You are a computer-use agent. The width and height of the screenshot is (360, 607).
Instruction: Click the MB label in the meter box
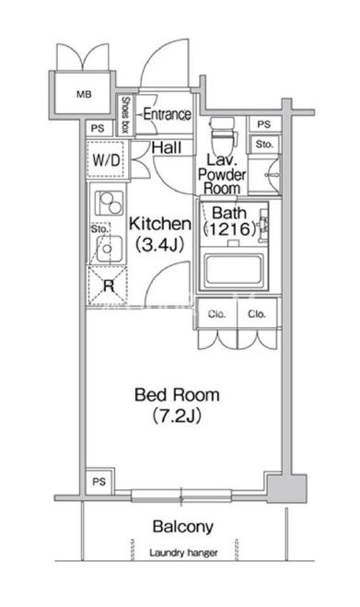pyautogui.click(x=84, y=94)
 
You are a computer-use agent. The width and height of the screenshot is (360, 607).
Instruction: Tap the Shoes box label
pyautogui.click(x=125, y=114)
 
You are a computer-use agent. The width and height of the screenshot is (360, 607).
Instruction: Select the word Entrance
pyautogui.click(x=167, y=114)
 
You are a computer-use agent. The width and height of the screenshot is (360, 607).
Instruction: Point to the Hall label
pyautogui.click(x=167, y=147)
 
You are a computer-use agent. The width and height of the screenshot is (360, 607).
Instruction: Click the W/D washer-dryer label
pyautogui.click(x=107, y=159)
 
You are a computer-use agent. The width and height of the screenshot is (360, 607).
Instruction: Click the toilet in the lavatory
pyautogui.click(x=222, y=134)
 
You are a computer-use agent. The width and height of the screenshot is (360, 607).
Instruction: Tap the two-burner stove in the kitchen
pyautogui.click(x=110, y=204)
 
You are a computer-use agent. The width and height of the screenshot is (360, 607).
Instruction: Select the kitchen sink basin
pyautogui.click(x=110, y=249)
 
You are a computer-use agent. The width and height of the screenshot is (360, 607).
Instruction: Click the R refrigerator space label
pyautogui.click(x=109, y=286)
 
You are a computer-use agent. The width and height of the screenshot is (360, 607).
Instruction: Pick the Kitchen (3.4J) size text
pyautogui.click(x=159, y=234)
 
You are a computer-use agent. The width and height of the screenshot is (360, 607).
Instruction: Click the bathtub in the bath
pyautogui.click(x=235, y=270)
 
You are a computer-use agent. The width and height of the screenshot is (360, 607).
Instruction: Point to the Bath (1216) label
pyautogui.click(x=230, y=221)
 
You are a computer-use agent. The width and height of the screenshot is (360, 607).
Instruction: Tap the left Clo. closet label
pyautogui.click(x=216, y=314)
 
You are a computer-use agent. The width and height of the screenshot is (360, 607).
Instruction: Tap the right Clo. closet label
pyautogui.click(x=257, y=314)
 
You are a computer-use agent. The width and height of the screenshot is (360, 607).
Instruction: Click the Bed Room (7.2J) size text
pyautogui.click(x=177, y=405)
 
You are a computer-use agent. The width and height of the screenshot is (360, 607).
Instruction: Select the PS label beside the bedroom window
pyautogui.click(x=99, y=482)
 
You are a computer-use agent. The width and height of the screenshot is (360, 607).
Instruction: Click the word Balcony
pyautogui.click(x=182, y=527)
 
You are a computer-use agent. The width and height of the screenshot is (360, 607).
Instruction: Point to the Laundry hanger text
pyautogui.click(x=183, y=553)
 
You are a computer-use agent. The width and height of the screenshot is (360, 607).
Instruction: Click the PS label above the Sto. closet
pyautogui.click(x=264, y=124)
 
